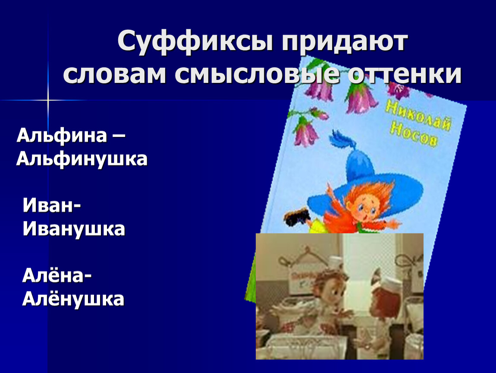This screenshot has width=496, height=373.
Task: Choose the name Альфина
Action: (62, 136)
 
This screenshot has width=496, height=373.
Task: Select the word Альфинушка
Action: (82, 159)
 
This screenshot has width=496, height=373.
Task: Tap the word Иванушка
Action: (74, 229)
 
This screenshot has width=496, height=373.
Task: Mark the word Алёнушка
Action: (73, 299)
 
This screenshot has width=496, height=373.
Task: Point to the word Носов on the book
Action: (414, 135)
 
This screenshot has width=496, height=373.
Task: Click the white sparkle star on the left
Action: (48, 100)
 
